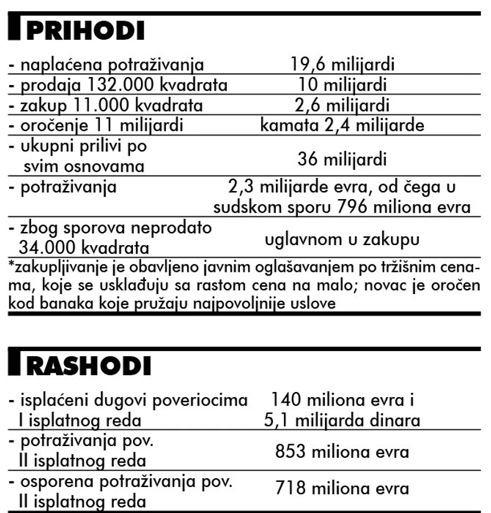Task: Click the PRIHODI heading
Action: [x=87, y=30]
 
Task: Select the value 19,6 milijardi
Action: [x=342, y=65]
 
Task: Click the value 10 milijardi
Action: [x=342, y=85]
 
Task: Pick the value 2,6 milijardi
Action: [x=342, y=105]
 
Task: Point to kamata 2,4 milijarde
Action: [x=342, y=126]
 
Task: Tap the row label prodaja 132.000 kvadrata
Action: [x=117, y=85]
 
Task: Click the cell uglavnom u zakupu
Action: [x=342, y=239]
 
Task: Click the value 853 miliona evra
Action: [x=342, y=451]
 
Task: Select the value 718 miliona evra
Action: [x=342, y=489]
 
